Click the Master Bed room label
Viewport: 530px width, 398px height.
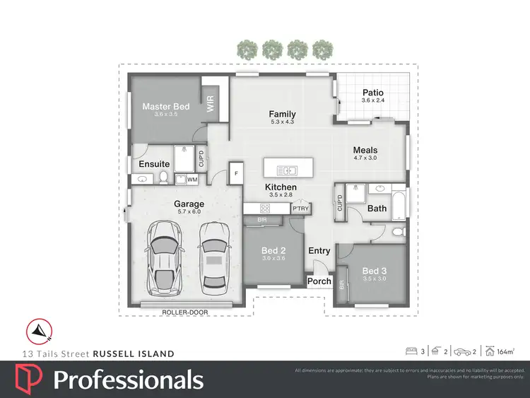(166, 107)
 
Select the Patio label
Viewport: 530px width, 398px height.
(372, 93)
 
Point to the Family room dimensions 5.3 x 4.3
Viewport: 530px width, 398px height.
(282, 122)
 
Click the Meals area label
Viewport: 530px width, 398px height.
(365, 150)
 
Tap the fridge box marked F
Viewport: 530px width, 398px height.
(236, 172)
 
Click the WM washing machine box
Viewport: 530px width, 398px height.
(192, 180)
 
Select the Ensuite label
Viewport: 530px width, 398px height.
(153, 164)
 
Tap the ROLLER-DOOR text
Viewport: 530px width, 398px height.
(181, 312)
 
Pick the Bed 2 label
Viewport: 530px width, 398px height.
(273, 250)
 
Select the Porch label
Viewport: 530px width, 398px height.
(319, 281)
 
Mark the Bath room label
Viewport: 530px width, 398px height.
(377, 208)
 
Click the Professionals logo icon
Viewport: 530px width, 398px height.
(28, 380)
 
